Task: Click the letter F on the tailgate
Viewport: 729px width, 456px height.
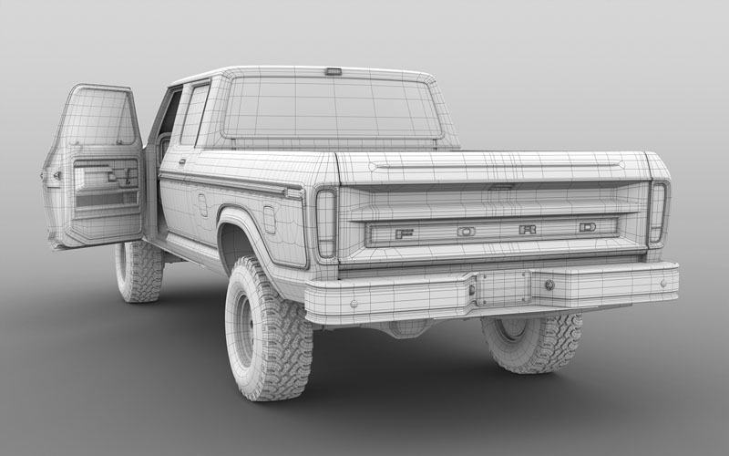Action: [x=400, y=233]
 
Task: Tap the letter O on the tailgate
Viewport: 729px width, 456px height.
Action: [x=466, y=232]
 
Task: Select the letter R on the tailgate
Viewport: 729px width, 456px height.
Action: [x=528, y=230]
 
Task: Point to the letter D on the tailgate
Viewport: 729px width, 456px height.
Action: [x=588, y=227]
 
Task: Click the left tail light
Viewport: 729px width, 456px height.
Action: [x=326, y=223]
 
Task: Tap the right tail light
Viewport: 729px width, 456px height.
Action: [x=657, y=212]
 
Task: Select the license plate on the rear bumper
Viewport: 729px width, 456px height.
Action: [x=503, y=288]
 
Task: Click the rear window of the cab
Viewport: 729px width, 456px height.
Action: [x=332, y=108]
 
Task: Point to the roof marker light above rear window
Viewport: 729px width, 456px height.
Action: [x=334, y=72]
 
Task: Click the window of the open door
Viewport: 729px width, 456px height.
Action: [x=98, y=117]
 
